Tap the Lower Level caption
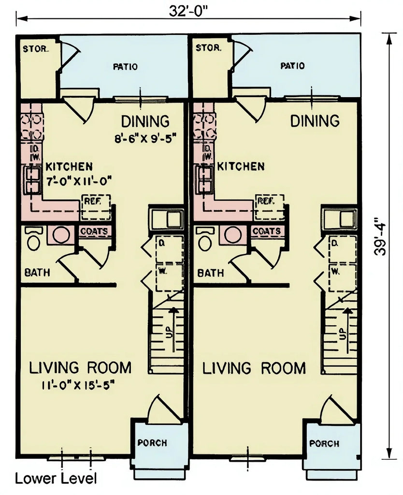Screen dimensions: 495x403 pos(56,479)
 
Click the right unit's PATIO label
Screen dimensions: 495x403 pos(293,66)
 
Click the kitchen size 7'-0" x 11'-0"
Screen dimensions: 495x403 pos(79,181)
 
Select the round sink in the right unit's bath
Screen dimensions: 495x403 pos(233,235)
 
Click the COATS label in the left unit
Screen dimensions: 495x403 pos(94,232)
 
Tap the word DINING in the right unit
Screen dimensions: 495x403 pos(315,121)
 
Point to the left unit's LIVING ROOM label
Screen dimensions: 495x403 pos(80,368)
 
